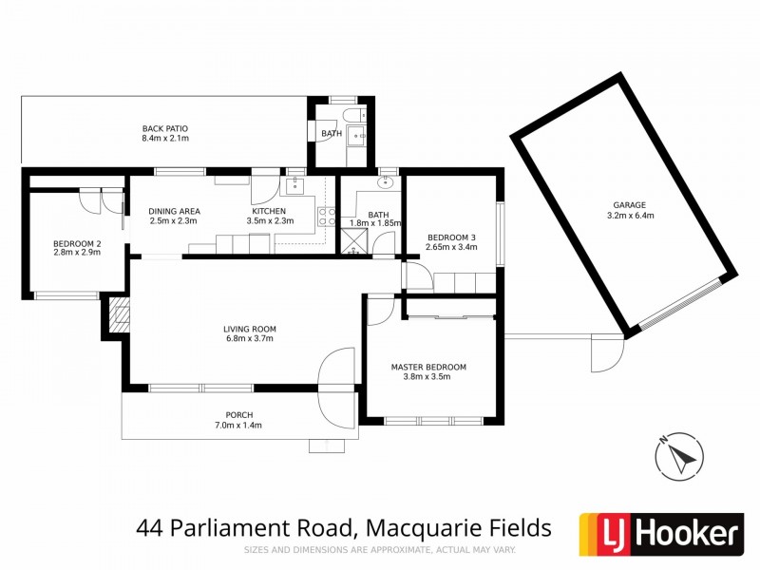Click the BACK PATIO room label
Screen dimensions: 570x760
(165, 128)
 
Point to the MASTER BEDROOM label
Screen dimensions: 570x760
(429, 367)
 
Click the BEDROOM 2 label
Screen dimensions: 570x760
(77, 243)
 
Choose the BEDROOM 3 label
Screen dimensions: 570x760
(452, 237)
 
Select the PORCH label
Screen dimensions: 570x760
(238, 414)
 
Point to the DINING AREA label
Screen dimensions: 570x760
(174, 211)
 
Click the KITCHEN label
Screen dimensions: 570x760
(269, 211)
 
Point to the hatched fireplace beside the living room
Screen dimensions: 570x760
(119, 314)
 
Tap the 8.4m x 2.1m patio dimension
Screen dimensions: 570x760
(165, 139)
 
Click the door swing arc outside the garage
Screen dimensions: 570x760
(602, 354)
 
